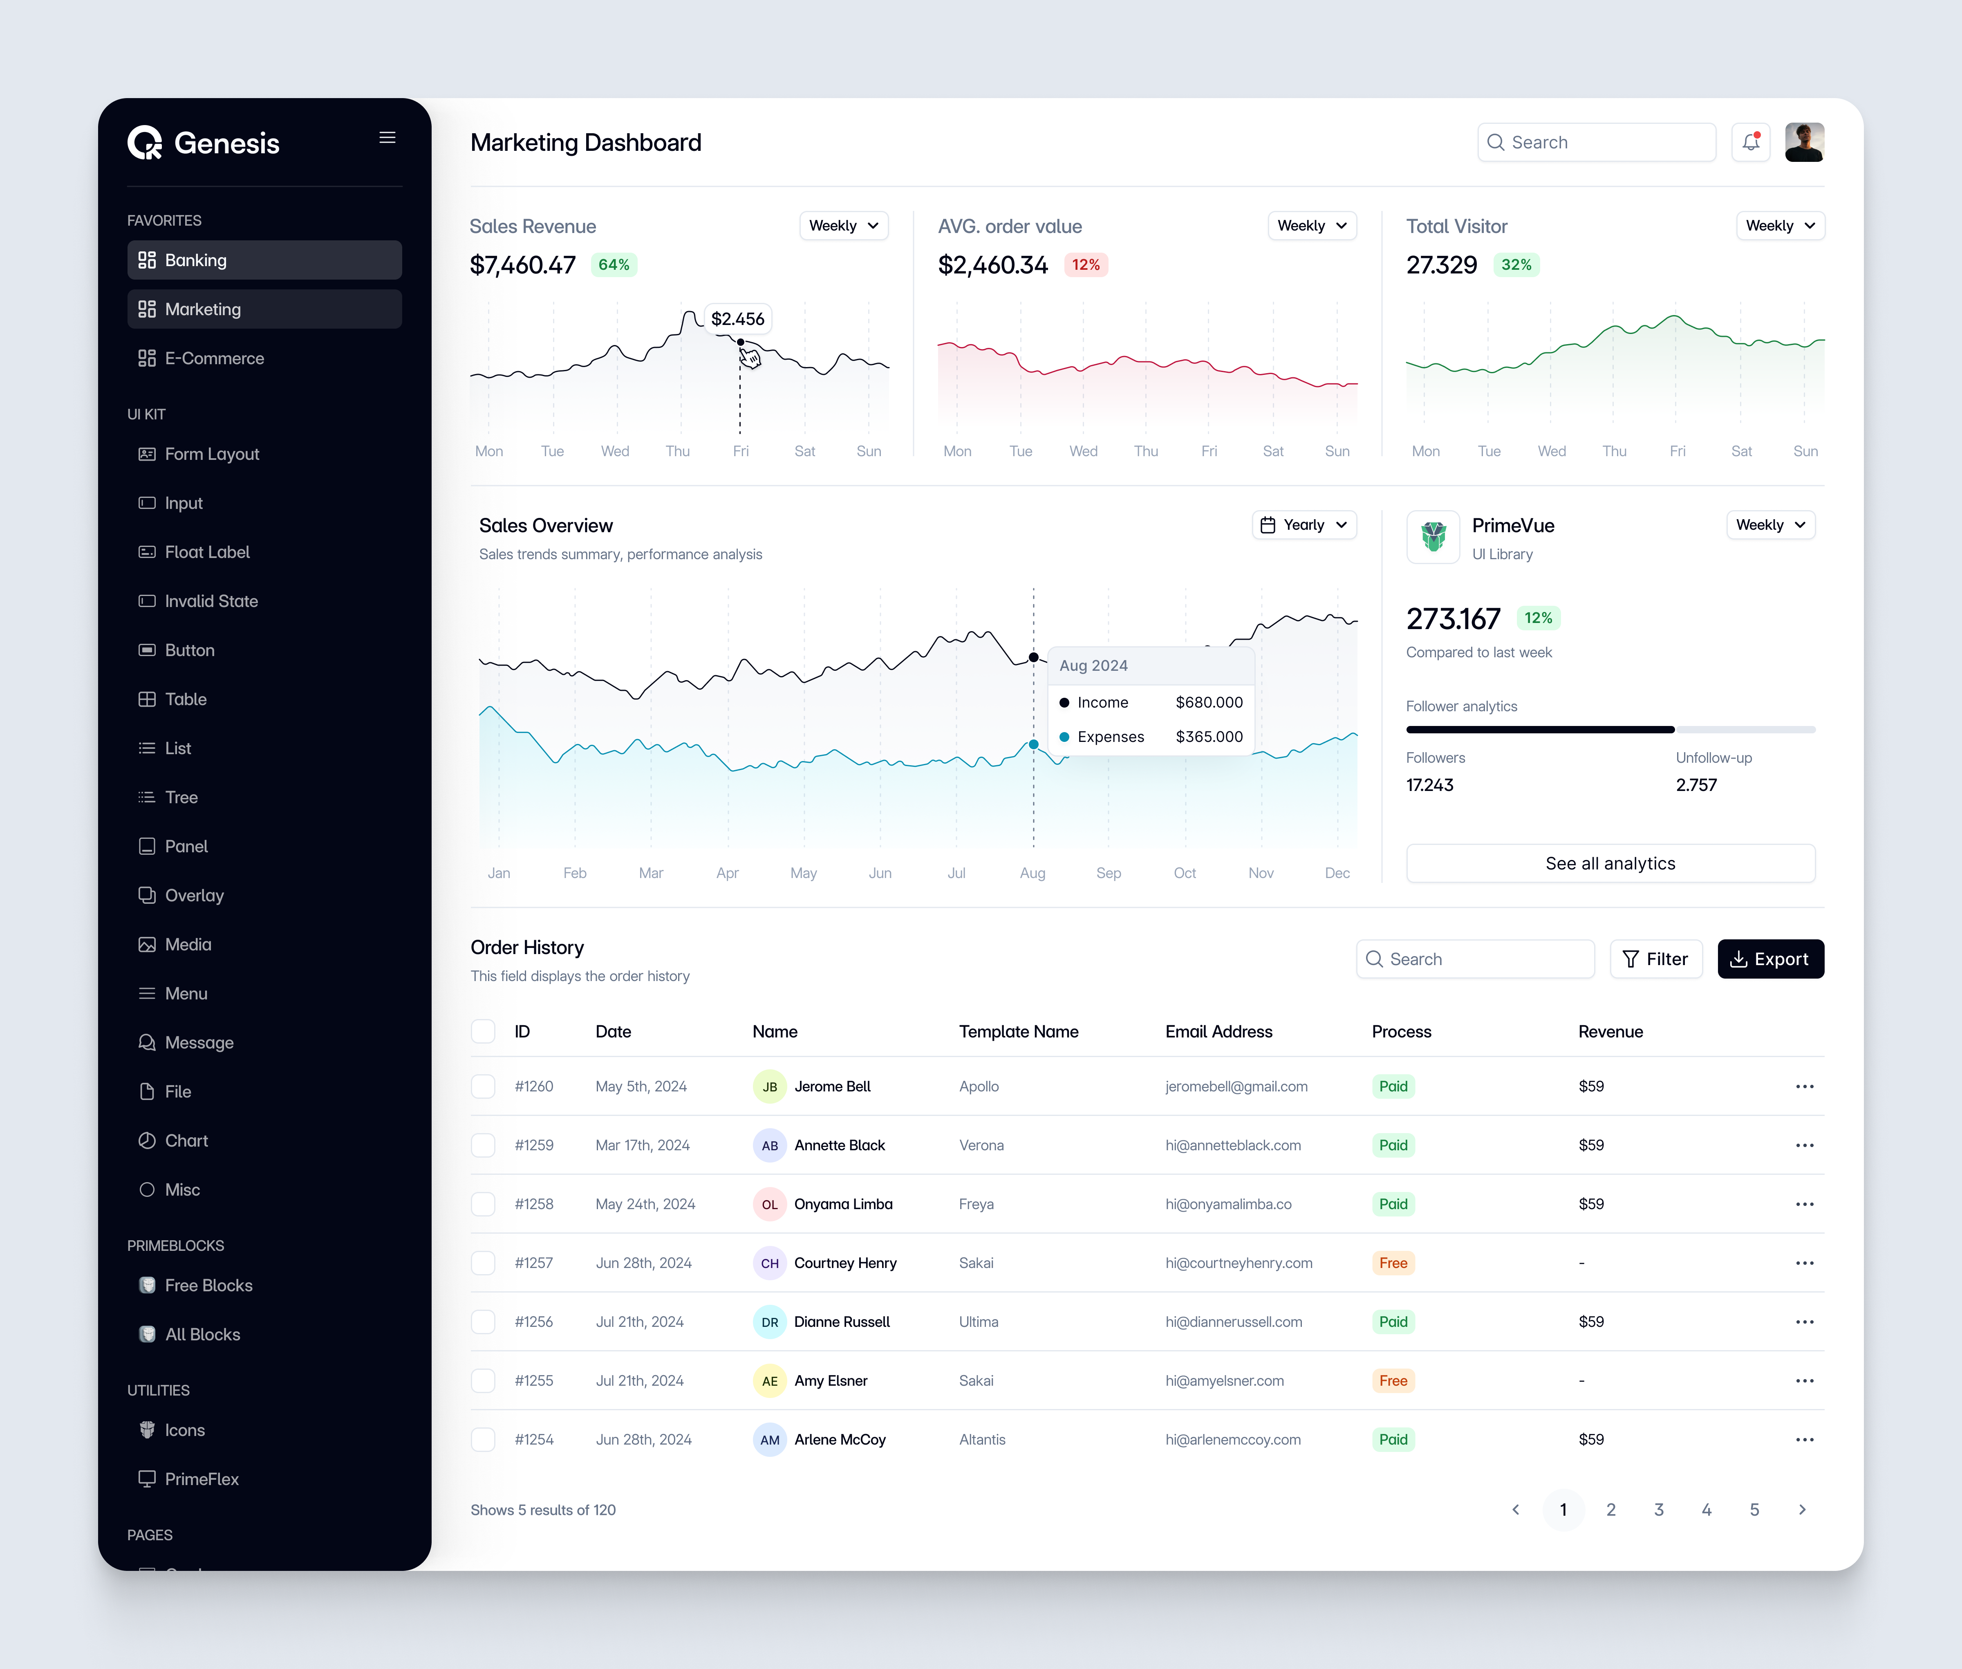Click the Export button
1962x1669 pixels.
click(1770, 959)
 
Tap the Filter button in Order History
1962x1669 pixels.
click(1655, 959)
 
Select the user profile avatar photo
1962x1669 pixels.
click(1804, 142)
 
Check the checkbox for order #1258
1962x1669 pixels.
click(484, 1203)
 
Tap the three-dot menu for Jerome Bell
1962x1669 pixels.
click(1804, 1086)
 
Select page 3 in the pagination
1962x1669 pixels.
click(1658, 1509)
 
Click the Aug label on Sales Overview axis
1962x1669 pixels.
click(1032, 872)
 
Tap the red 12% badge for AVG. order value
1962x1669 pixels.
click(1085, 265)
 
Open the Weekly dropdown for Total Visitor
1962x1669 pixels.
click(1779, 225)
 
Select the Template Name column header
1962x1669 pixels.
click(1018, 1031)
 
